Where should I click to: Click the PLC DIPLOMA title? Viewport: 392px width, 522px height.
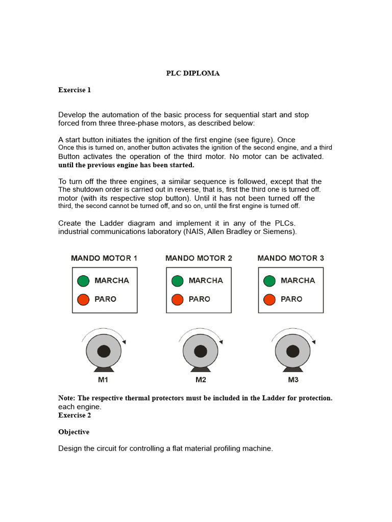[x=193, y=73]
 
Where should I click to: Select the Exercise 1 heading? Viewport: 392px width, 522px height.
[x=75, y=90]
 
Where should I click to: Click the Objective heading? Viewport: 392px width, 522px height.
[x=73, y=432]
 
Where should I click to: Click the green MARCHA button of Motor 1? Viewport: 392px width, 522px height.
[x=83, y=281]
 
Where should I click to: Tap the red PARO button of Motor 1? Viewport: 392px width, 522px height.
[x=83, y=299]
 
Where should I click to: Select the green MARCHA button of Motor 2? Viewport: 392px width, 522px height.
[x=177, y=281]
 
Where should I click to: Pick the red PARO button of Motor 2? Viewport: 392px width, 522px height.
[x=177, y=299]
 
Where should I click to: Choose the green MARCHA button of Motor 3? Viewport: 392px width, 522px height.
[x=269, y=281]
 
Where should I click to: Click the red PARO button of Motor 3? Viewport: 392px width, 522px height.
[x=269, y=299]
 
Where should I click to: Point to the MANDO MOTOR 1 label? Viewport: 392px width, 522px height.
[x=104, y=258]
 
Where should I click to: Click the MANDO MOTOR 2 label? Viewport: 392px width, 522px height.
[x=199, y=258]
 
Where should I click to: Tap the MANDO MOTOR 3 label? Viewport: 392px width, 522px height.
[x=291, y=258]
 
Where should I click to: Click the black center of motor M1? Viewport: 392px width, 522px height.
[x=104, y=351]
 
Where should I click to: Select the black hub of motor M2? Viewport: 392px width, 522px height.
[x=201, y=351]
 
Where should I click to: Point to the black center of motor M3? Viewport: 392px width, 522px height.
[x=292, y=351]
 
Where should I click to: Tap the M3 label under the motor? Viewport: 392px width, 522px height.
[x=293, y=380]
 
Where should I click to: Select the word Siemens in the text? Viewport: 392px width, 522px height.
[x=279, y=232]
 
